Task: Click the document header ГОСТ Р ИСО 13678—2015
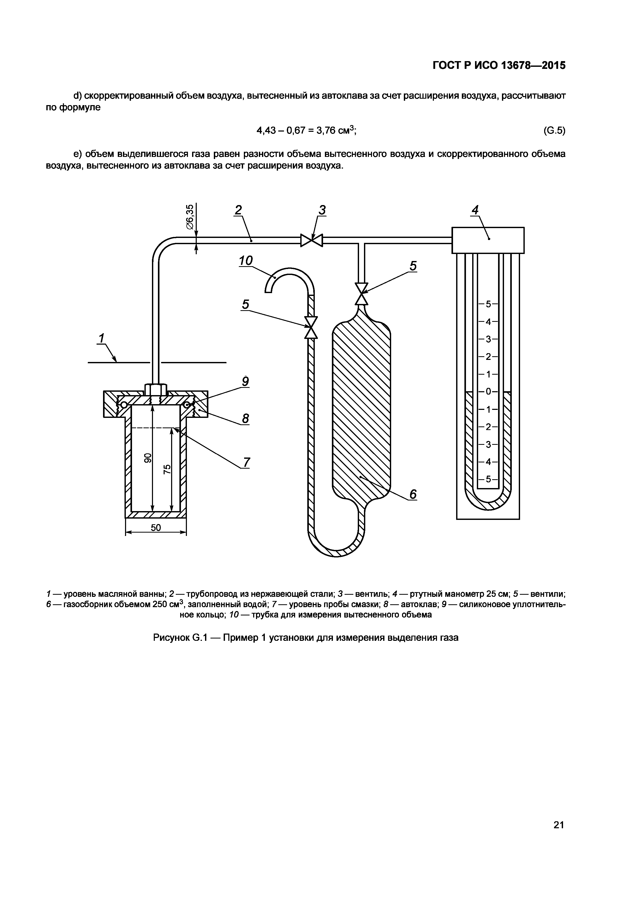point(499,65)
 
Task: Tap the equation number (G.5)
point(555,130)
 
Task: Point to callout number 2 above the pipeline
point(238,210)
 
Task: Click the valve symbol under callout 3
point(311,240)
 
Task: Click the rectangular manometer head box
point(488,240)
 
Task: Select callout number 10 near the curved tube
point(245,261)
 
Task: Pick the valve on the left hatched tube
point(311,327)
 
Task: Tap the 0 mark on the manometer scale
point(488,391)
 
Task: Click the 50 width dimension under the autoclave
point(156,528)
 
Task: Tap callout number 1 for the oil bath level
point(101,338)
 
